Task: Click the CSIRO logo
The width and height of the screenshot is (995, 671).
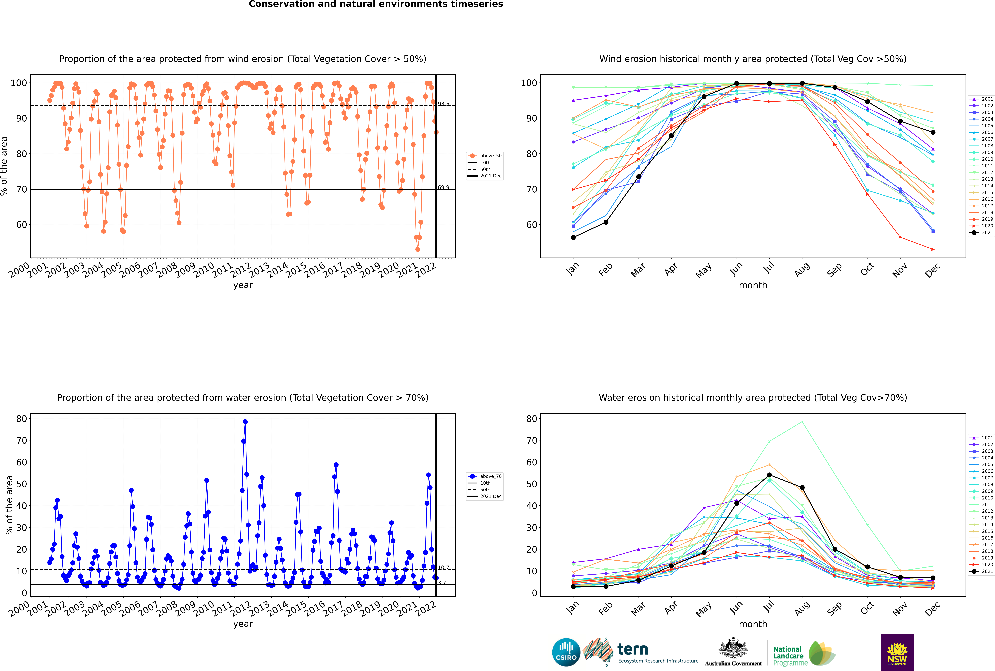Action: [566, 652]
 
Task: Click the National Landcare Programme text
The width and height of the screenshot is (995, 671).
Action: [788, 656]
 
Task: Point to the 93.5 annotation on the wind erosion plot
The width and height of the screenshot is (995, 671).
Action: [444, 104]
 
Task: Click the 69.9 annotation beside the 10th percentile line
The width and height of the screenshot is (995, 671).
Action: [444, 187]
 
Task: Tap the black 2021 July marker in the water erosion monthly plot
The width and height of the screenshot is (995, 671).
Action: [769, 475]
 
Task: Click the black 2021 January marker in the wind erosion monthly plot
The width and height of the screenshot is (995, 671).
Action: [573, 237]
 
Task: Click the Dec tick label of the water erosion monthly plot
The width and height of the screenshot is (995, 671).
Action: [933, 609]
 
